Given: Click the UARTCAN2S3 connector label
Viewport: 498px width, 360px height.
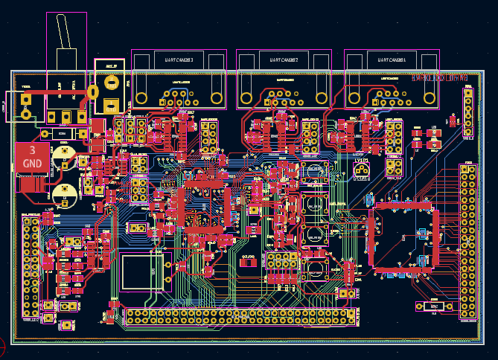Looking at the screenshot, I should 179,60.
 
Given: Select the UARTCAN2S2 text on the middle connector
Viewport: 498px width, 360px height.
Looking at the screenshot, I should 283,60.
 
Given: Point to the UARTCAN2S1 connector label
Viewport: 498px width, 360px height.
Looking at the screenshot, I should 392,60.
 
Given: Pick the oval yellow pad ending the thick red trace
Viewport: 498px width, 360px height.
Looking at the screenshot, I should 93,91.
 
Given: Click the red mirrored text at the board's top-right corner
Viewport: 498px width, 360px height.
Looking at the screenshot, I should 439,78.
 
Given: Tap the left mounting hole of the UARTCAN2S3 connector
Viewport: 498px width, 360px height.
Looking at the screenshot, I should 141,97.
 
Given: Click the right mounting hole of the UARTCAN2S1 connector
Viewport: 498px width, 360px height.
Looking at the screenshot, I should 430,97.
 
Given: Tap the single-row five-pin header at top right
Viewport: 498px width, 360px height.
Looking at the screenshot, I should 468,112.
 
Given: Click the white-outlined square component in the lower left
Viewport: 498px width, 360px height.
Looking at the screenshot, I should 142,271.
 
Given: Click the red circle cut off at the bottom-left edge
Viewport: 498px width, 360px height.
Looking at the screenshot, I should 2,346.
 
